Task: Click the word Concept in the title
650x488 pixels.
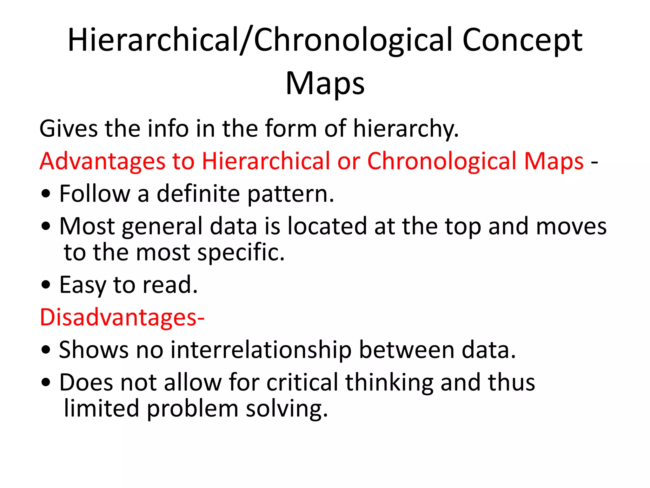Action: tap(522, 40)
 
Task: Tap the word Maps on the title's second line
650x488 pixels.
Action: tap(325, 84)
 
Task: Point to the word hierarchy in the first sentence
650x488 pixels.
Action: tap(405, 129)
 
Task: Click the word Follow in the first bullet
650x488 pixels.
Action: tap(95, 193)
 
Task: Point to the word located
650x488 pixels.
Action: tap(327, 226)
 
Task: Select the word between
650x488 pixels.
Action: tap(407, 350)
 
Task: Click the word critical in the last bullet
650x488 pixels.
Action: tap(302, 382)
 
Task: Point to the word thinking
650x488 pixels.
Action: tap(389, 383)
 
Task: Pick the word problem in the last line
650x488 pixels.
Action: tap(192, 409)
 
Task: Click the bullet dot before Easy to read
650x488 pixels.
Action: tap(46, 285)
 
